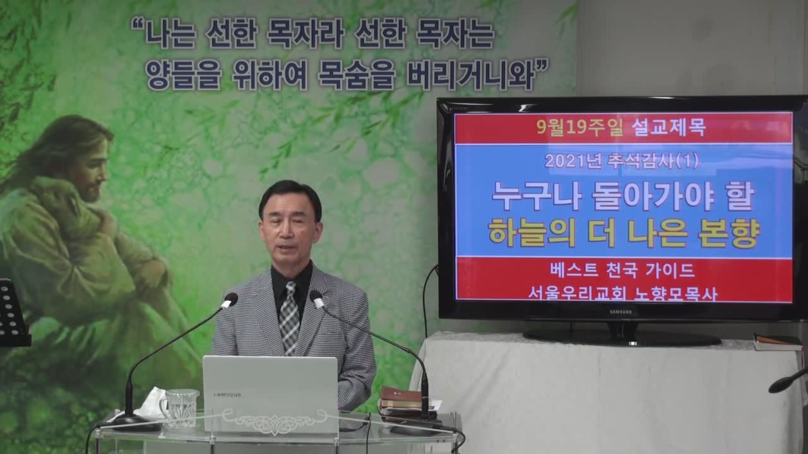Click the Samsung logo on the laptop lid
[227, 395]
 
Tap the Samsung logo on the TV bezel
[621, 311]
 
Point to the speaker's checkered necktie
[289, 317]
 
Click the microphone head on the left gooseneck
[229, 300]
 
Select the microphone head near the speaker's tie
[316, 299]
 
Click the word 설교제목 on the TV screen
[668, 127]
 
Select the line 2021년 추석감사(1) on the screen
[621, 161]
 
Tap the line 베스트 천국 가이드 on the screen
[622, 271]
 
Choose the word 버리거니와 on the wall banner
[470, 76]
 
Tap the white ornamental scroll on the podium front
[275, 422]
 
